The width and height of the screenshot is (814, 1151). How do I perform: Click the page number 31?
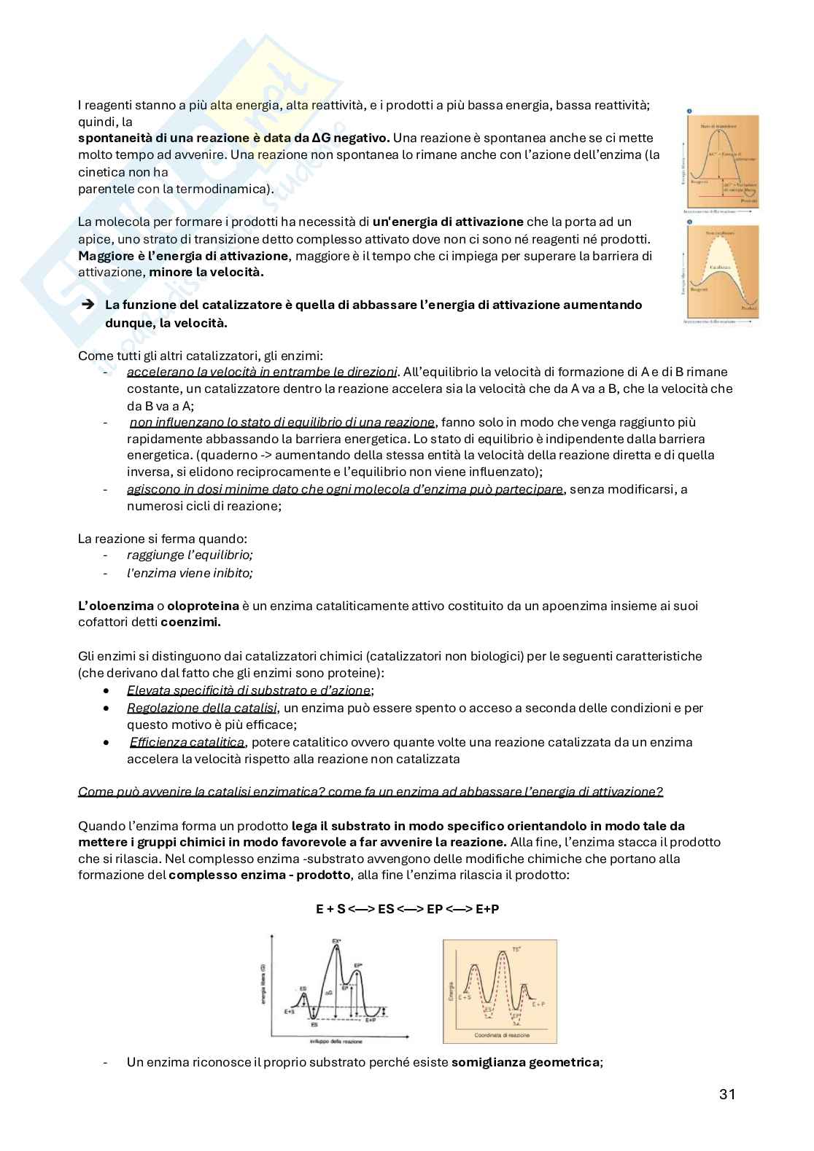[x=726, y=1094]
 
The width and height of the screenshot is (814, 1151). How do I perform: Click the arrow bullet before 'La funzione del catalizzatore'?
[x=88, y=305]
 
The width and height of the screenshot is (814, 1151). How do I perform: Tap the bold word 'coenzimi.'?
[x=190, y=622]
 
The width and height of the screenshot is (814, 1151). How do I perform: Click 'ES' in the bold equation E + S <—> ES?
[x=386, y=909]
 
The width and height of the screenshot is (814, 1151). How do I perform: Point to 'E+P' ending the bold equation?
[x=487, y=909]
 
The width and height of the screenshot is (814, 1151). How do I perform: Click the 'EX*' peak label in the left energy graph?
[x=337, y=941]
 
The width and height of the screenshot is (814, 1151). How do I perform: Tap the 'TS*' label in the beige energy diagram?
[x=516, y=949]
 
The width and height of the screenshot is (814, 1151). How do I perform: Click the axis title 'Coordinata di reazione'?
[x=502, y=1035]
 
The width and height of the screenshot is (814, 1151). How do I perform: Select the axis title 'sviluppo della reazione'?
[x=336, y=1041]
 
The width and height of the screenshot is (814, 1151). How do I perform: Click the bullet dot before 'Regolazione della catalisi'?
[x=107, y=708]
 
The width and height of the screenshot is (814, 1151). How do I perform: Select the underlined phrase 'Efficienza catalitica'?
[x=187, y=742]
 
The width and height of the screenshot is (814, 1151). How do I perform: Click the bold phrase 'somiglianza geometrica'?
[x=526, y=1062]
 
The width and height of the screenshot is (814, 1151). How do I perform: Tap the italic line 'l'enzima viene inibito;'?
[x=190, y=573]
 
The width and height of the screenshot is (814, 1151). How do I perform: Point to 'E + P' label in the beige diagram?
[x=538, y=1004]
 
